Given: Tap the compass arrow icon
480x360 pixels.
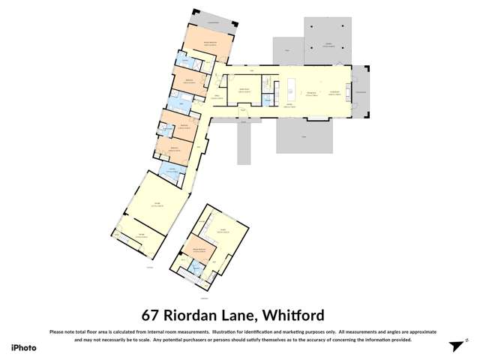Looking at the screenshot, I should [453, 346].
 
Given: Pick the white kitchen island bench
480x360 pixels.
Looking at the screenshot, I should [290, 89].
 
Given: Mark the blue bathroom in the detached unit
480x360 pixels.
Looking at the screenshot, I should [197, 269].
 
